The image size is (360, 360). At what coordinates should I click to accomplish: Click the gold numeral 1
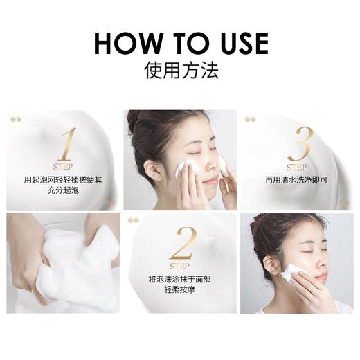click(66, 144)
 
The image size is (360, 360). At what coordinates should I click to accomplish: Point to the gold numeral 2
click(182, 244)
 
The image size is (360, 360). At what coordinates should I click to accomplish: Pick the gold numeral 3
click(299, 144)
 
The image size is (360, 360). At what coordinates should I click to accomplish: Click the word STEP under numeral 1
click(63, 167)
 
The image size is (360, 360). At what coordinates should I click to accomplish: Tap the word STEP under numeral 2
click(179, 266)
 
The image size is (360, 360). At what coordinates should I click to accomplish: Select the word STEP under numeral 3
click(296, 167)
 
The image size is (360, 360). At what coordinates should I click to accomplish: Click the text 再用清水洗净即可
click(296, 179)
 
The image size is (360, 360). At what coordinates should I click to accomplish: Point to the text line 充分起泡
click(63, 190)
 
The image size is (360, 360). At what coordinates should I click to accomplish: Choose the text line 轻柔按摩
click(179, 289)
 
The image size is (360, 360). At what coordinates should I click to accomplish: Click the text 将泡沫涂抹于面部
click(179, 278)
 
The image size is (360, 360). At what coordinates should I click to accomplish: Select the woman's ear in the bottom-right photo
click(272, 263)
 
